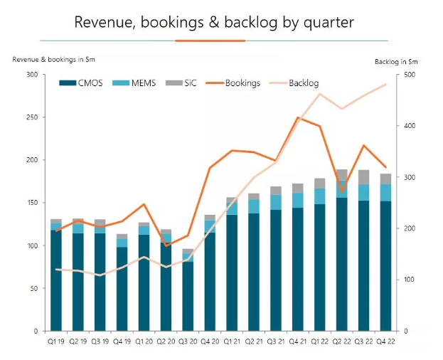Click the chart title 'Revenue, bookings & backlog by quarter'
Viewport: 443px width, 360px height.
[x=214, y=22]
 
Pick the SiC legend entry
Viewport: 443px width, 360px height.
[x=186, y=83]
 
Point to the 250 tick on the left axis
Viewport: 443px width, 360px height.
[x=31, y=117]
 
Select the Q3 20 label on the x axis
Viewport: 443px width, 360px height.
[x=188, y=341]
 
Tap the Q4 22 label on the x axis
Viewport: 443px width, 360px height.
[x=385, y=341]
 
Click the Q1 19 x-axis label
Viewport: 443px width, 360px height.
[x=55, y=341]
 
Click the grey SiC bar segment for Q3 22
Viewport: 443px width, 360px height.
[x=363, y=177]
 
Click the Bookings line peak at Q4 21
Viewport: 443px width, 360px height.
[x=298, y=117]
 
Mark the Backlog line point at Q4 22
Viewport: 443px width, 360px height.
[x=385, y=85]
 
